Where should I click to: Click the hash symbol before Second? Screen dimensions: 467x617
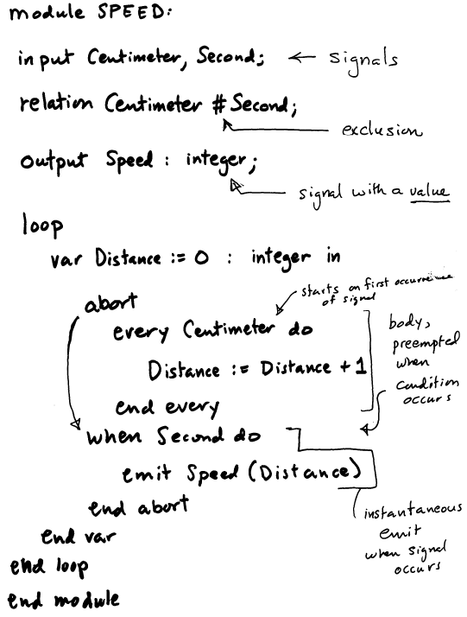point(219,105)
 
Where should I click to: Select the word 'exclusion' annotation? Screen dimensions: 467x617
point(382,130)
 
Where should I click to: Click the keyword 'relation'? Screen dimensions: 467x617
point(56,104)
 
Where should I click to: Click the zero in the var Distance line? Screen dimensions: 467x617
point(201,258)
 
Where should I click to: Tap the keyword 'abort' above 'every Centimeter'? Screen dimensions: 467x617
point(110,303)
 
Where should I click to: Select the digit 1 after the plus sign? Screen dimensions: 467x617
point(362,366)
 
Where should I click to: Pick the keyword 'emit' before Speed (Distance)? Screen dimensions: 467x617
point(146,474)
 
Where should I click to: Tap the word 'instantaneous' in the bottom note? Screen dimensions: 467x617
point(413,512)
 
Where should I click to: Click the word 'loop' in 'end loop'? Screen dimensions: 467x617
point(72,567)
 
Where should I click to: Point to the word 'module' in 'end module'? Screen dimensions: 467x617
point(86,600)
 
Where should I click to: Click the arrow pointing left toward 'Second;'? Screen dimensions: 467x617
point(301,58)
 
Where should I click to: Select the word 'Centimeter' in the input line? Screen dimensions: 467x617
point(135,59)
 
